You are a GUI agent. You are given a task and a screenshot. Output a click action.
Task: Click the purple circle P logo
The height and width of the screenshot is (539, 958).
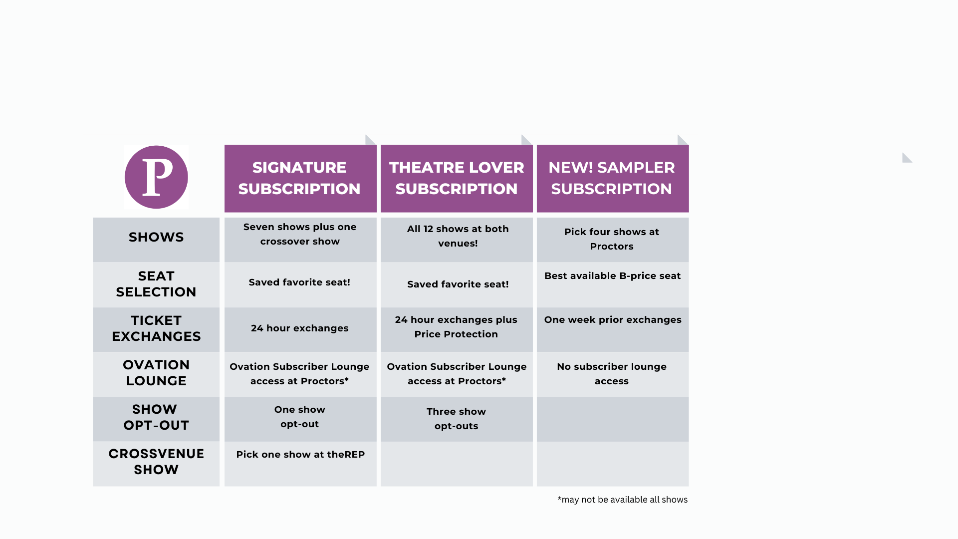pos(156,177)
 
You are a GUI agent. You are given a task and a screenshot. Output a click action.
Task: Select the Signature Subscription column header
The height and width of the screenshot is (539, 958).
pos(300,178)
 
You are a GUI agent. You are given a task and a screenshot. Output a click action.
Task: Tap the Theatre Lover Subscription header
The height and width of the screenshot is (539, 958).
pos(457,178)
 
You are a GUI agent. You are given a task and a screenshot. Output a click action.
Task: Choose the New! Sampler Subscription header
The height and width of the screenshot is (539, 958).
pos(613,178)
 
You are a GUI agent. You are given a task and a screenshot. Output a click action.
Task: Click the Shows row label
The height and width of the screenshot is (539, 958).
pos(156,237)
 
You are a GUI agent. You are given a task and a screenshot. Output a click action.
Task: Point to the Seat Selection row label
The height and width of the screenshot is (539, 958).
pos(156,284)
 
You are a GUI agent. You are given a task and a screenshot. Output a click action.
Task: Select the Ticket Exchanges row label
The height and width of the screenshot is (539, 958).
pos(156,328)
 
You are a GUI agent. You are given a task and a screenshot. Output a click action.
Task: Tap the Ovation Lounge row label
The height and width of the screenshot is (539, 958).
pos(156,373)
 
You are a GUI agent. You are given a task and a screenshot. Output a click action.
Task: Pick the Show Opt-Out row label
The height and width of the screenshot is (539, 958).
pos(156,417)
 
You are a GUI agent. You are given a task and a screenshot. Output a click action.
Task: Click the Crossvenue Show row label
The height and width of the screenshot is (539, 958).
pos(156,462)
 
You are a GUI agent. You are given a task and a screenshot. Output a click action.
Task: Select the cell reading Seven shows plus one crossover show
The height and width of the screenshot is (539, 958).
pos(300,234)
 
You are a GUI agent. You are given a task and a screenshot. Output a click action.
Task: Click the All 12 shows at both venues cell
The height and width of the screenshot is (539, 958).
pos(458,236)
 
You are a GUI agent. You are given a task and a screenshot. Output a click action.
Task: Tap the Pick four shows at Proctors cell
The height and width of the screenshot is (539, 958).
pos(612,239)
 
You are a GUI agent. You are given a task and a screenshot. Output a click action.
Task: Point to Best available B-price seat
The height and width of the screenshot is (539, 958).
pos(612,276)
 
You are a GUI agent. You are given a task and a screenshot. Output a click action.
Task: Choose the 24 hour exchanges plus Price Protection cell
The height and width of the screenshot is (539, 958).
pos(456,327)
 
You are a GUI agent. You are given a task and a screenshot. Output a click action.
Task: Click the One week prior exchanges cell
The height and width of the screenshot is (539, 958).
pos(613,320)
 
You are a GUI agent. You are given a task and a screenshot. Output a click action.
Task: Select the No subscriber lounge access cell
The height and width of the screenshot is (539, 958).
pos(612,374)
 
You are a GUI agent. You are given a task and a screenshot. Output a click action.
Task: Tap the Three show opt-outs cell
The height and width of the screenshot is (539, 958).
pos(456,419)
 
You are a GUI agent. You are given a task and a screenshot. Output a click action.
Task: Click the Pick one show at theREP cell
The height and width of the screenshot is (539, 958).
pos(300,455)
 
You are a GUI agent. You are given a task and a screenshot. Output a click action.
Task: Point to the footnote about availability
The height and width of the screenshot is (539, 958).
pos(622,500)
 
